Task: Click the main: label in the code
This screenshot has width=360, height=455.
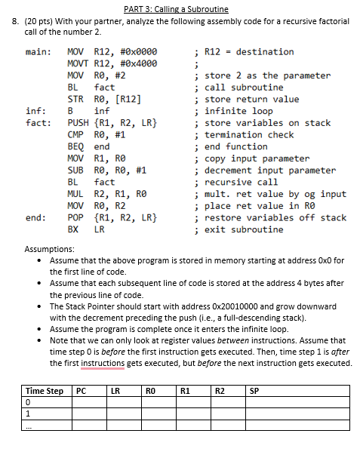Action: tap(38, 52)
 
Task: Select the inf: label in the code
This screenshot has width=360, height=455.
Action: tap(35, 111)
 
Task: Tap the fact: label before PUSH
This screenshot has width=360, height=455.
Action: tap(38, 123)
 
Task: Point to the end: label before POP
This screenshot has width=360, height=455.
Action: tap(35, 218)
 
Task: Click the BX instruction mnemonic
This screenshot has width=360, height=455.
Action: tap(72, 229)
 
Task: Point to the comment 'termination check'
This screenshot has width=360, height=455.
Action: tap(249, 134)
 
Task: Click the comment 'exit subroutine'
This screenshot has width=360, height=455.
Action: tap(244, 229)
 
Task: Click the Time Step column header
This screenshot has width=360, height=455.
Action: tap(45, 391)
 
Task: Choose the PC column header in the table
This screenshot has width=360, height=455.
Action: tap(81, 391)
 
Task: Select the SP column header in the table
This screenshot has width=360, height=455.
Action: tap(254, 391)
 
